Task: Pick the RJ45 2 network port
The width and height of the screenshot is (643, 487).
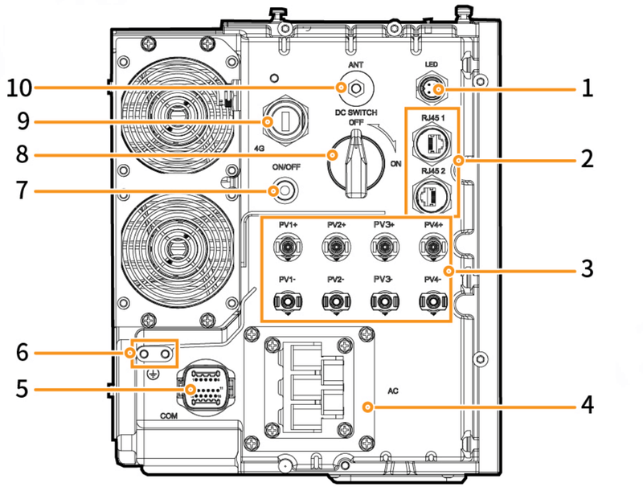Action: [x=431, y=194]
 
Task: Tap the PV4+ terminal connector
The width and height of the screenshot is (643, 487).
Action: [x=432, y=249]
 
